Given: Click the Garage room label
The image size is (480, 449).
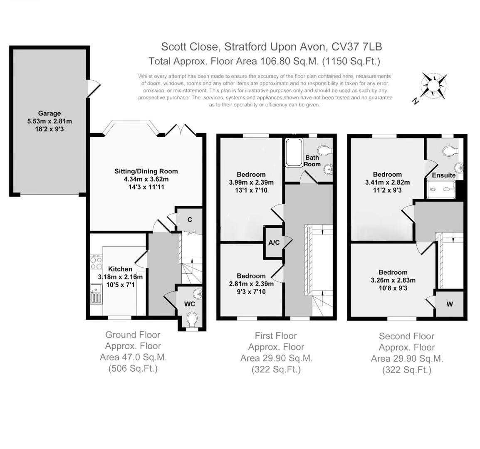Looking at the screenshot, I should click(49, 113).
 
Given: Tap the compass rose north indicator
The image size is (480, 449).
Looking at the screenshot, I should click(433, 86).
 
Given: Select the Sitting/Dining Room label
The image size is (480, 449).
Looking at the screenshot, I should click(146, 171).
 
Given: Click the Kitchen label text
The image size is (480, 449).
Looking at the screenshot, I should click(120, 269).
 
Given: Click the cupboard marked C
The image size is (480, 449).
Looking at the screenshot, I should click(190, 220).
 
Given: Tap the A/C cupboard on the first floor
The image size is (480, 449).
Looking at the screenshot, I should click(274, 242).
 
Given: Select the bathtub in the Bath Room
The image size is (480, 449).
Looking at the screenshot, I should click(294, 153).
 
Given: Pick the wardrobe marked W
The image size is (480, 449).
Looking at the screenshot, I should click(450, 304).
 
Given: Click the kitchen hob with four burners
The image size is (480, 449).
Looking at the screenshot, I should click(96, 262).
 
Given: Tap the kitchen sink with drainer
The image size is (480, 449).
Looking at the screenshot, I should click(96, 294).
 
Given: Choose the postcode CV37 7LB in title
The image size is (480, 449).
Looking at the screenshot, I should click(356, 46).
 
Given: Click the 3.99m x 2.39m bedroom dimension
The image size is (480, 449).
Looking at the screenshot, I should click(251, 182).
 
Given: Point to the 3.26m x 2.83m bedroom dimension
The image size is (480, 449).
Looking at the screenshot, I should click(393, 280).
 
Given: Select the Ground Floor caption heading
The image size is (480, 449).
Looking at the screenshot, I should click(133, 335).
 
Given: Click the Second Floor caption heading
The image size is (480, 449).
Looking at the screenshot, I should click(406, 336).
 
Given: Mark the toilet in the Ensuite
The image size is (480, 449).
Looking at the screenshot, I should click(449, 150).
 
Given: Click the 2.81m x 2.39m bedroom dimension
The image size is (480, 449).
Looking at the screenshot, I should click(251, 284).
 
